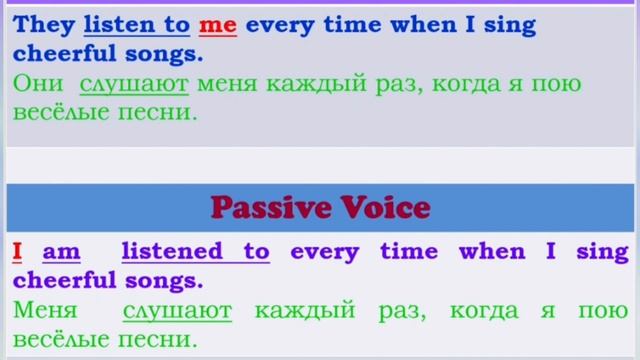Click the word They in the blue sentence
44,25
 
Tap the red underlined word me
217,25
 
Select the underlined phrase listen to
137,25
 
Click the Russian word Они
39,84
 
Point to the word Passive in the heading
269,207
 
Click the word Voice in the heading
384,207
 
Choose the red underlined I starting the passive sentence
17,252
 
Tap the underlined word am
61,252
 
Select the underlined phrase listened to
196,252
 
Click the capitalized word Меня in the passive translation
45,311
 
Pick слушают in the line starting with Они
134,84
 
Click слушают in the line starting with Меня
177,311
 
